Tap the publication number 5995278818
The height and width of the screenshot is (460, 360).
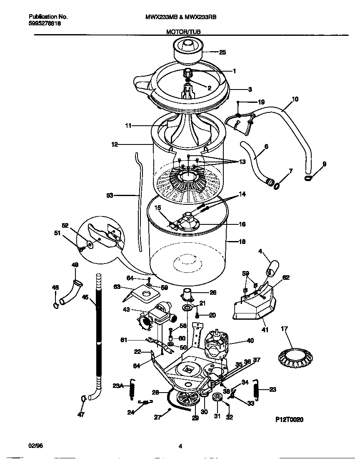(45, 24)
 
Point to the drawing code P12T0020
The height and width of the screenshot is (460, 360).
(289, 420)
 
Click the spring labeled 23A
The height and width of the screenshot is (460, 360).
(133, 388)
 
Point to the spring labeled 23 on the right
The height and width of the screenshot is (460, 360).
(257, 390)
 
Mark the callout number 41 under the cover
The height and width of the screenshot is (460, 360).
(265, 330)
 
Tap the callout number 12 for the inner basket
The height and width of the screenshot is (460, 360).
(115, 144)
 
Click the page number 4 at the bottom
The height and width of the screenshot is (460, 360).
(180, 446)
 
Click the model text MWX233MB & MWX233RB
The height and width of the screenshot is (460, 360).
(180, 17)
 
